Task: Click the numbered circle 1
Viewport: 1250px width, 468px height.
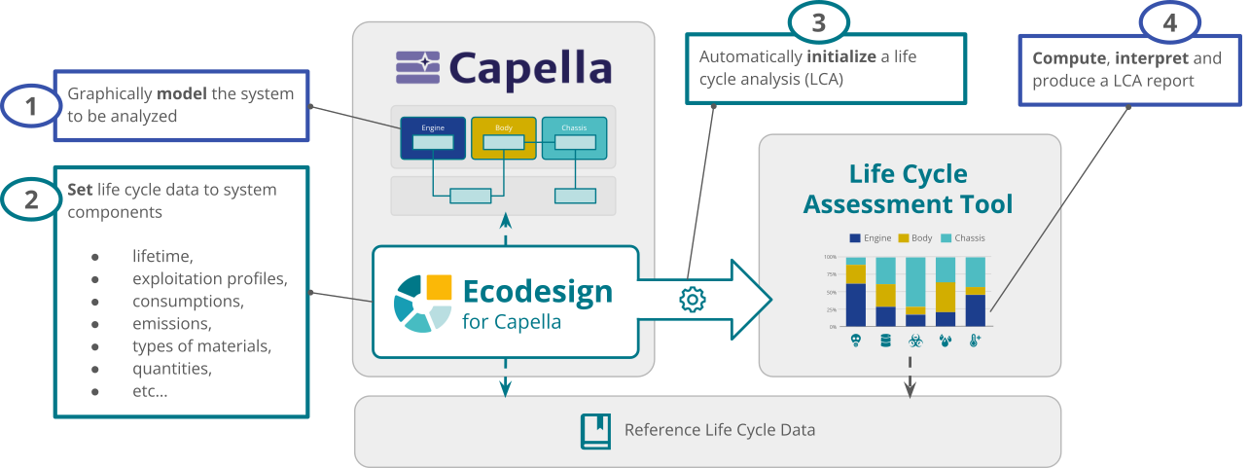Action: pyautogui.click(x=31, y=106)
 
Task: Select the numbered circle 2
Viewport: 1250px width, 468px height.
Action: pyautogui.click(x=31, y=199)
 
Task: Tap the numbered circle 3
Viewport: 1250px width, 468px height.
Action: pyautogui.click(x=818, y=20)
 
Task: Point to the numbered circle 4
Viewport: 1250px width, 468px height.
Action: pyautogui.click(x=1168, y=21)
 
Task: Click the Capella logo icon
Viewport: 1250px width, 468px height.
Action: pyautogui.click(x=416, y=68)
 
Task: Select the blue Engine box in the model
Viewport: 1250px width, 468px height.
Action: pyautogui.click(x=433, y=138)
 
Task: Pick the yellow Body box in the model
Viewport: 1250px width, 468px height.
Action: pyautogui.click(x=503, y=138)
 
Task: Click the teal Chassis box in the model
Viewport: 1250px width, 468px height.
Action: pyautogui.click(x=574, y=138)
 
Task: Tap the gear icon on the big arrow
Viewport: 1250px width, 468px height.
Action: pyautogui.click(x=692, y=300)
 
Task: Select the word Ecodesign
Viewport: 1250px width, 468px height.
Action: pyautogui.click(x=537, y=291)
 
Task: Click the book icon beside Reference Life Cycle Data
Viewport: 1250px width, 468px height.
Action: pyautogui.click(x=595, y=430)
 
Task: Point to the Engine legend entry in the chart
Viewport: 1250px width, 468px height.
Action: pyautogui.click(x=871, y=237)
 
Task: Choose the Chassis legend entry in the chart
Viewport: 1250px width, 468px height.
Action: pyautogui.click(x=963, y=237)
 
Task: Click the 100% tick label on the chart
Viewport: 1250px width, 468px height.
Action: pyautogui.click(x=830, y=257)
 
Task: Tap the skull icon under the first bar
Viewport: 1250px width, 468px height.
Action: pyautogui.click(x=856, y=341)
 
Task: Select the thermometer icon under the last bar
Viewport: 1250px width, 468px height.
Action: pyautogui.click(x=975, y=341)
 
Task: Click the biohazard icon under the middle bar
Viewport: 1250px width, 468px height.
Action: pyautogui.click(x=915, y=341)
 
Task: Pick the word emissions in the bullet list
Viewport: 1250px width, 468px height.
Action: pyautogui.click(x=171, y=323)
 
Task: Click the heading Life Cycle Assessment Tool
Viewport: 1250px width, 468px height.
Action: pyautogui.click(x=909, y=189)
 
